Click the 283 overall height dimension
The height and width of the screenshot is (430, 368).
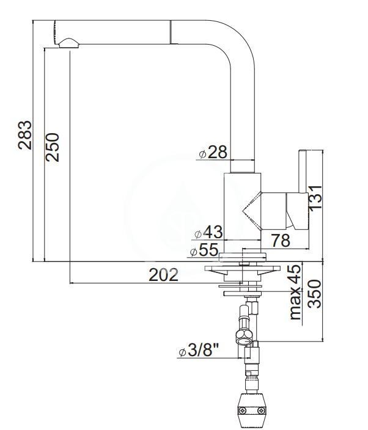pos(24,135)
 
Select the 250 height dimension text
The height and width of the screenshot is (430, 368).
pos(53,147)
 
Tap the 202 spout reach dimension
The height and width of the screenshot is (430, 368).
pos(163,275)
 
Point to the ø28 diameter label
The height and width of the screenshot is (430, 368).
pos(213,152)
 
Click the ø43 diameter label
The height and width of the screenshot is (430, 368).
pos(208,232)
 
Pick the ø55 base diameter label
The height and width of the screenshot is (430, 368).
pos(205,250)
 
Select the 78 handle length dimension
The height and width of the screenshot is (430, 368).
pos(281,240)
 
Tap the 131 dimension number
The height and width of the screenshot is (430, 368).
pos(315,197)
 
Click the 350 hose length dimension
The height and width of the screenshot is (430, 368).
pos(314,294)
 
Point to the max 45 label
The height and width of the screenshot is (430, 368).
pos(295,292)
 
